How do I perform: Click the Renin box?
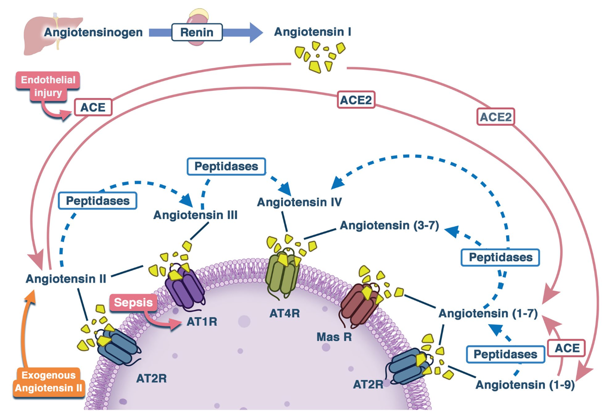point(197,32)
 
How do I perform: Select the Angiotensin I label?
point(313,32)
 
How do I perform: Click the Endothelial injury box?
point(48,86)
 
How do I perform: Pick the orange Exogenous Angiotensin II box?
point(49,381)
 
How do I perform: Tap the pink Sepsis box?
point(133,302)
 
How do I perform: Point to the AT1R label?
point(202,322)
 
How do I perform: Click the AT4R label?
point(284,313)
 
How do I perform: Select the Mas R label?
point(334,337)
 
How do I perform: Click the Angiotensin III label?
point(195,215)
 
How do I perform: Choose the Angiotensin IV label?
point(299,202)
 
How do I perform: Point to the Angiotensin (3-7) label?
point(389,225)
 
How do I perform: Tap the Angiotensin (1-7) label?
point(488,313)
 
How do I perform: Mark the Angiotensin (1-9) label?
point(525,385)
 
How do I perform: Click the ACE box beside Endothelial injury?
point(93,107)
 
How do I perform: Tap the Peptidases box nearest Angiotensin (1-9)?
point(505,354)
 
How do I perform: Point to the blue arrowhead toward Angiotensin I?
point(255,32)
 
